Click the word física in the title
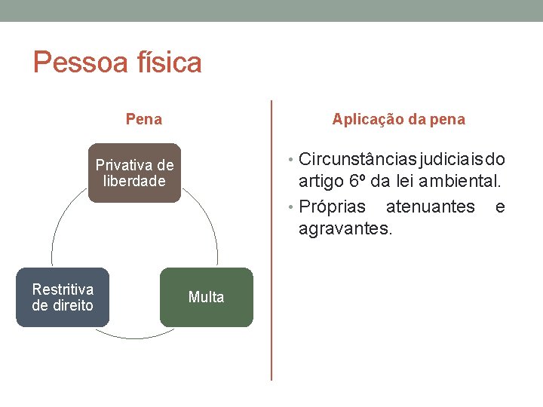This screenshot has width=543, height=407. pos(167,63)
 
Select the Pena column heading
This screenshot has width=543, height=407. pos(143,119)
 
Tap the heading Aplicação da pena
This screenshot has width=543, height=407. pos(399,119)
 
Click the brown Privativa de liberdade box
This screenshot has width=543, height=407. pos(134,173)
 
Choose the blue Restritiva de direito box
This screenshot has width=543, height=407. pos(63,297)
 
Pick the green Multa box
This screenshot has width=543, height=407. pos(206,297)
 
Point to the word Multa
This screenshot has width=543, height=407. pos(206,297)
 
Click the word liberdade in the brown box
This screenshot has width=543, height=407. pos(134,181)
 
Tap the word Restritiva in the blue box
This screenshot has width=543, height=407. pos(63,289)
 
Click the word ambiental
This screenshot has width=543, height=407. pos(461,182)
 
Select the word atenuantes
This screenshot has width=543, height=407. pos(430,207)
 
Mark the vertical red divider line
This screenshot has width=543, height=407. pos(271,241)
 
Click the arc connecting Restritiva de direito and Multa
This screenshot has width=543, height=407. pos(134,335)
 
